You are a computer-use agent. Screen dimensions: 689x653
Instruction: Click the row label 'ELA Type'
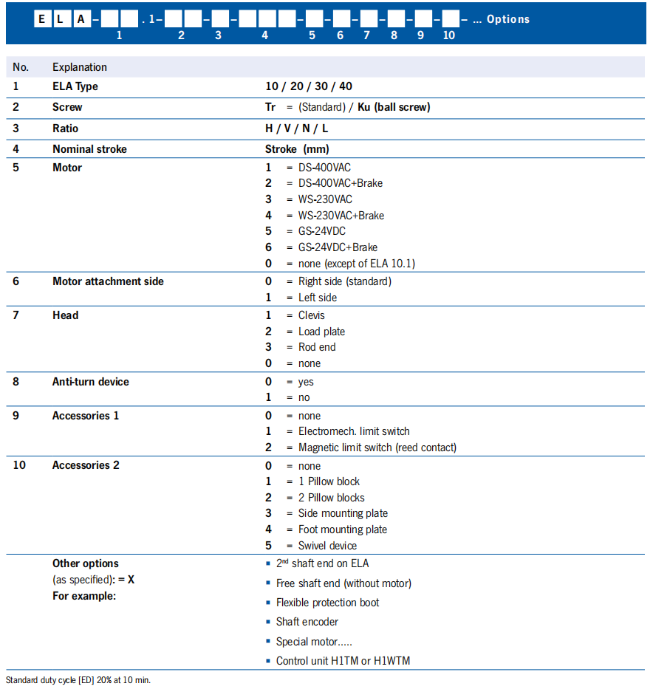click(x=75, y=86)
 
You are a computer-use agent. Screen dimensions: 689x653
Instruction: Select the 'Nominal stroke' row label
click(x=89, y=149)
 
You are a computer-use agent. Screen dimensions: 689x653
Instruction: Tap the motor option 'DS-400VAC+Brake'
click(x=340, y=183)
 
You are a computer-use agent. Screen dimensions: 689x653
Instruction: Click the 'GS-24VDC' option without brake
click(x=321, y=231)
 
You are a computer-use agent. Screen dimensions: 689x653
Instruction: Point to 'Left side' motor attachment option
click(x=317, y=298)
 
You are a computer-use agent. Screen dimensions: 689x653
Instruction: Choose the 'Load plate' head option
click(x=321, y=332)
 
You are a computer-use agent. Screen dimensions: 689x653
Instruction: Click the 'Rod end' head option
click(x=317, y=347)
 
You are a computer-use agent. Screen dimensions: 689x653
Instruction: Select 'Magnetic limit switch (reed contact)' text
click(x=377, y=448)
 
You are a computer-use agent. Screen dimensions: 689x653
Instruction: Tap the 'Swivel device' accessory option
click(x=327, y=546)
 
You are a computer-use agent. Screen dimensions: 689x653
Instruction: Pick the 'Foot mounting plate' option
click(x=342, y=529)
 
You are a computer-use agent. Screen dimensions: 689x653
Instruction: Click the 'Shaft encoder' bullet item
click(x=307, y=622)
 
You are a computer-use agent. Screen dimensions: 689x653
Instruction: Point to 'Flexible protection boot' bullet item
click(x=327, y=603)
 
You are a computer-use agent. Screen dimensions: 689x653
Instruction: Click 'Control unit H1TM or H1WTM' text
click(x=343, y=660)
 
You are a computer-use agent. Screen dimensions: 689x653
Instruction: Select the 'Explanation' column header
click(x=80, y=67)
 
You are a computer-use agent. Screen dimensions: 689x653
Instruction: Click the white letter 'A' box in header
click(x=81, y=20)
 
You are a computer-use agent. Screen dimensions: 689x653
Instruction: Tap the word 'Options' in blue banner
click(x=508, y=19)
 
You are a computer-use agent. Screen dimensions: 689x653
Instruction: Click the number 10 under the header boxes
click(x=449, y=35)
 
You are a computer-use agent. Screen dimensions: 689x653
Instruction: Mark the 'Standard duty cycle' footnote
click(x=78, y=680)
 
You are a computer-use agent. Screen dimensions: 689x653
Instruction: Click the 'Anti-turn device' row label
click(x=90, y=382)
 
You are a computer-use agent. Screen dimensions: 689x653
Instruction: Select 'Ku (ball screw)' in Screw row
click(x=394, y=107)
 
